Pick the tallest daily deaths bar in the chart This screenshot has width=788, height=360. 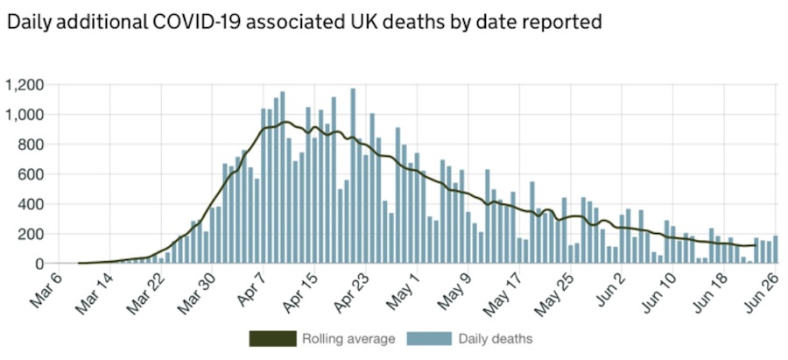point(353,175)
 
